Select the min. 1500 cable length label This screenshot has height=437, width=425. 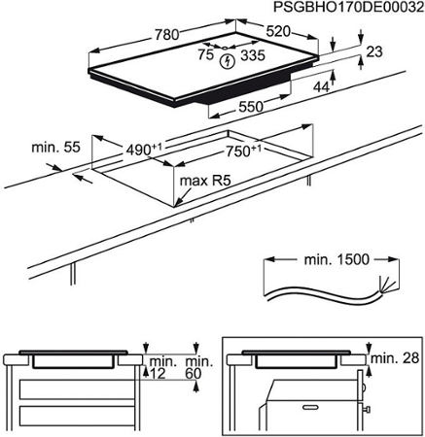(x=336, y=261)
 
